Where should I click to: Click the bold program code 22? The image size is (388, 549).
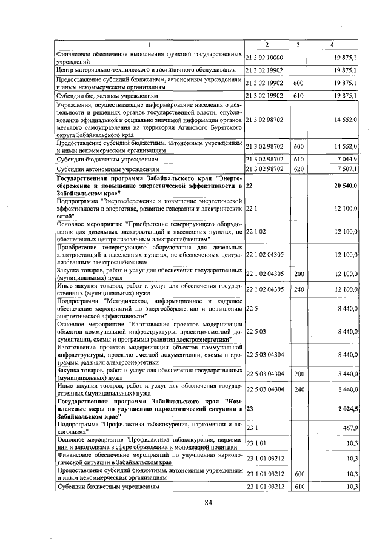(x=250, y=186)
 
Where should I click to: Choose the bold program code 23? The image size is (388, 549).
(x=250, y=409)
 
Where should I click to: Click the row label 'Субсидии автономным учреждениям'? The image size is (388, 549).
(x=108, y=169)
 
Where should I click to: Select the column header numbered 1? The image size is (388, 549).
(x=149, y=45)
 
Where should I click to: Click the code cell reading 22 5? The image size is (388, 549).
(x=253, y=308)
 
